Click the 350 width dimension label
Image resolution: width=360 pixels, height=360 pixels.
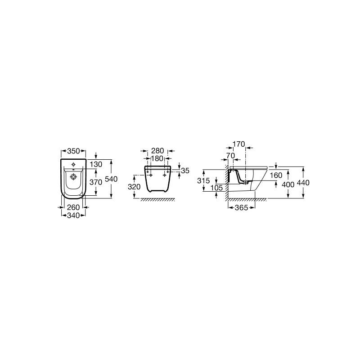(x=73, y=151)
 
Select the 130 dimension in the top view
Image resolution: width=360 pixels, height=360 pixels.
(x=96, y=164)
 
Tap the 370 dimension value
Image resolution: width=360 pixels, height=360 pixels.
(x=96, y=182)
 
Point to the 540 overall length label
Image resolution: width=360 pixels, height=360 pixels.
(x=111, y=179)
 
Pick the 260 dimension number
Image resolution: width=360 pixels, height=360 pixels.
(x=73, y=207)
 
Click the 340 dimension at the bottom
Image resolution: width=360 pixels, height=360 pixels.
(x=73, y=216)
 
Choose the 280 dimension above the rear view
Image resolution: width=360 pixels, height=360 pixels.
(x=157, y=151)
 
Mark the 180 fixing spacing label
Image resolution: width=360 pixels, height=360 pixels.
(x=157, y=159)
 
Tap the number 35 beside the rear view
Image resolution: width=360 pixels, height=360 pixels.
(x=185, y=171)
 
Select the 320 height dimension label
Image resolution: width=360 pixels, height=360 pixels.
(x=134, y=187)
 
